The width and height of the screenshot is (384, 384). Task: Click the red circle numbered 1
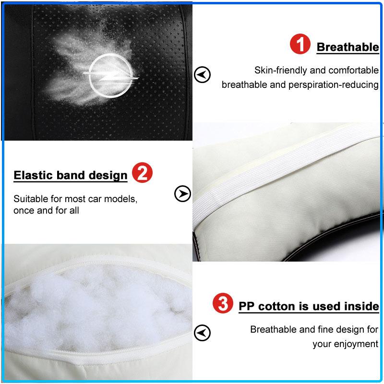click(300, 44)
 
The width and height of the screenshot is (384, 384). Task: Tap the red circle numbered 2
click(142, 172)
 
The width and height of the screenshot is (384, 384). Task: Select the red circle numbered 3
click(223, 303)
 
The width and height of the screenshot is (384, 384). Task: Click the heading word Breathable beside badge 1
click(348, 47)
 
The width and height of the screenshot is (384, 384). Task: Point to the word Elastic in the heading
click(33, 175)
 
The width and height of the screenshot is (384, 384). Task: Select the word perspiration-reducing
click(334, 85)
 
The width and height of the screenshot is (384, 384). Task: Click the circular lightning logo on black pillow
click(111, 76)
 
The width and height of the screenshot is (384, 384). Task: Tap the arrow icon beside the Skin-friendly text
click(202, 74)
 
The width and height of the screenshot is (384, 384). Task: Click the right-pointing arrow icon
click(182, 194)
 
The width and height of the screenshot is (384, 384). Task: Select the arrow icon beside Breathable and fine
click(202, 333)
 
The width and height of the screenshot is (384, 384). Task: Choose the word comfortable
click(354, 70)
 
